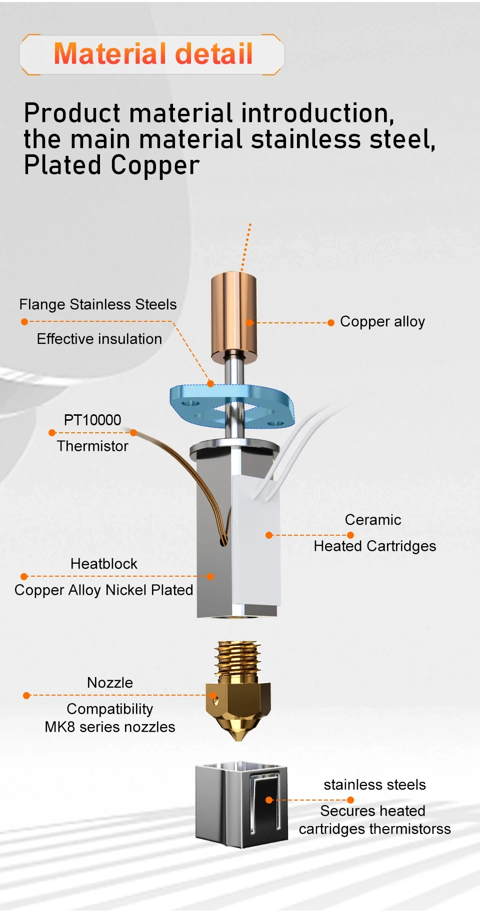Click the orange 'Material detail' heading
pyautogui.click(x=153, y=54)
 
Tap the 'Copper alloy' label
pyautogui.click(x=382, y=321)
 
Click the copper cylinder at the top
pyautogui.click(x=233, y=315)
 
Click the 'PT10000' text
pyautogui.click(x=92, y=420)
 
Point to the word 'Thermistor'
pyautogui.click(x=92, y=446)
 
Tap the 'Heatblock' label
pyautogui.click(x=103, y=564)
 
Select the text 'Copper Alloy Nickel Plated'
pyautogui.click(x=103, y=590)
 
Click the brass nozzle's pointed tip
pyautogui.click(x=238, y=736)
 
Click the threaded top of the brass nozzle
pyautogui.click(x=238, y=657)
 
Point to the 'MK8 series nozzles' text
pyautogui.click(x=110, y=727)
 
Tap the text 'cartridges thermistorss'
pyautogui.click(x=374, y=829)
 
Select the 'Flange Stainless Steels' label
pyautogui.click(x=98, y=304)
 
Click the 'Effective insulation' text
pyautogui.click(x=99, y=339)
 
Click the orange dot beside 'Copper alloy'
pyautogui.click(x=330, y=323)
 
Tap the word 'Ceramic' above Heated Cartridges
pyautogui.click(x=373, y=520)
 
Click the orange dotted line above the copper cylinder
pyautogui.click(x=246, y=247)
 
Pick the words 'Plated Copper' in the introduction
pyautogui.click(x=111, y=165)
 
